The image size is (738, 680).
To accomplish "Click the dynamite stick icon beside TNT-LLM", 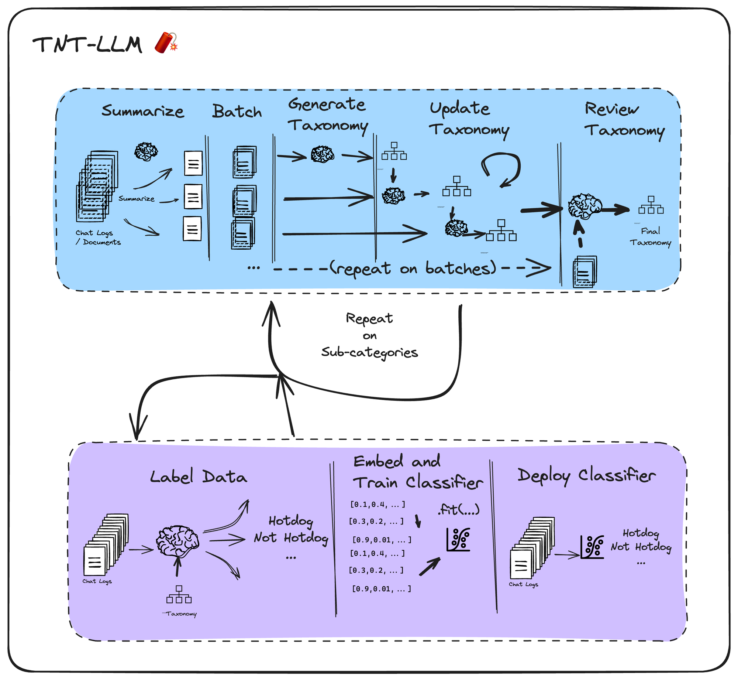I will pos(166,43).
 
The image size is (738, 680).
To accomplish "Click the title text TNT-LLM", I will pos(87,45).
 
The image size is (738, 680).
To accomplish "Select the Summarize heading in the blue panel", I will pos(142,110).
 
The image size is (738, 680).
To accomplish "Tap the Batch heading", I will pos(237,112).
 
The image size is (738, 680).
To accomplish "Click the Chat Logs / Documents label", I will pos(97,238).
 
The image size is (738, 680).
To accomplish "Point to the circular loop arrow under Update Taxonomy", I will pos(502,168).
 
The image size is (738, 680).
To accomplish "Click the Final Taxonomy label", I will pos(650,237).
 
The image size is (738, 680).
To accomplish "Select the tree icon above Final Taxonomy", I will pos(651,205).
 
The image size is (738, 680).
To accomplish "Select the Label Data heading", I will pos(198,476).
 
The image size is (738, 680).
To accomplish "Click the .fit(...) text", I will pos(459,510).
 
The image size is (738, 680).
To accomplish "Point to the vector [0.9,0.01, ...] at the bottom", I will pos(382,589).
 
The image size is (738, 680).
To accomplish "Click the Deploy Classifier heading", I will pos(586,475).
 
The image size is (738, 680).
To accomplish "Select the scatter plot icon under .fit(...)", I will pos(458,540).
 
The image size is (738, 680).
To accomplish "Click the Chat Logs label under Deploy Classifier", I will pos(523,584).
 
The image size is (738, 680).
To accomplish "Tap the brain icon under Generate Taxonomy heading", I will pos(322,154).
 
